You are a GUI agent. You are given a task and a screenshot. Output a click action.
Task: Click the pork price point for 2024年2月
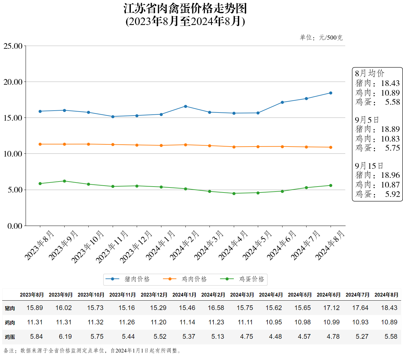point(185,106)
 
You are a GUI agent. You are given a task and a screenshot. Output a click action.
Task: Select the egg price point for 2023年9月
point(64,181)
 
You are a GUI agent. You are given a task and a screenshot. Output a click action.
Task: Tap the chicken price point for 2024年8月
point(331,147)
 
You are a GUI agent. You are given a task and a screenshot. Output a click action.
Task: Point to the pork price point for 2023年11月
point(113,117)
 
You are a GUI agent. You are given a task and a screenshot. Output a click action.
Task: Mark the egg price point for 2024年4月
point(234,193)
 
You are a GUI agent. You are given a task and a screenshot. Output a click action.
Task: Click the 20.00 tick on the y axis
point(13,82)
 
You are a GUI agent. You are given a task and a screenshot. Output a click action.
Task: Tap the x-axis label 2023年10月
point(88,247)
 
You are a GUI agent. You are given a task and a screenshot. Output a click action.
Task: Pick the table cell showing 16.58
point(216,308)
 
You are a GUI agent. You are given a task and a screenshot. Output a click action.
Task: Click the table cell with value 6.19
point(65,337)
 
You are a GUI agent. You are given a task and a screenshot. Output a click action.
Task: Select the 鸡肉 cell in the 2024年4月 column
point(274,322)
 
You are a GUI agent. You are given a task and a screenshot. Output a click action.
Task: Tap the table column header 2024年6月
point(328,295)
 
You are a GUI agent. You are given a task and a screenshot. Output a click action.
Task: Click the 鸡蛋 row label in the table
point(10,337)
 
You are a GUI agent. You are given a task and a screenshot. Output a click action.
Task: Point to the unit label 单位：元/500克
point(321,37)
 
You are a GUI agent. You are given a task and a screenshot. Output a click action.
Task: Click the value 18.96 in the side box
point(390,175)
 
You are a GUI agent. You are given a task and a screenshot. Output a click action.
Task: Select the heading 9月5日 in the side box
point(367,120)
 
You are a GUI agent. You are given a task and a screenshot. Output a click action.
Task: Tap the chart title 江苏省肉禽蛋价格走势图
point(185,8)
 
